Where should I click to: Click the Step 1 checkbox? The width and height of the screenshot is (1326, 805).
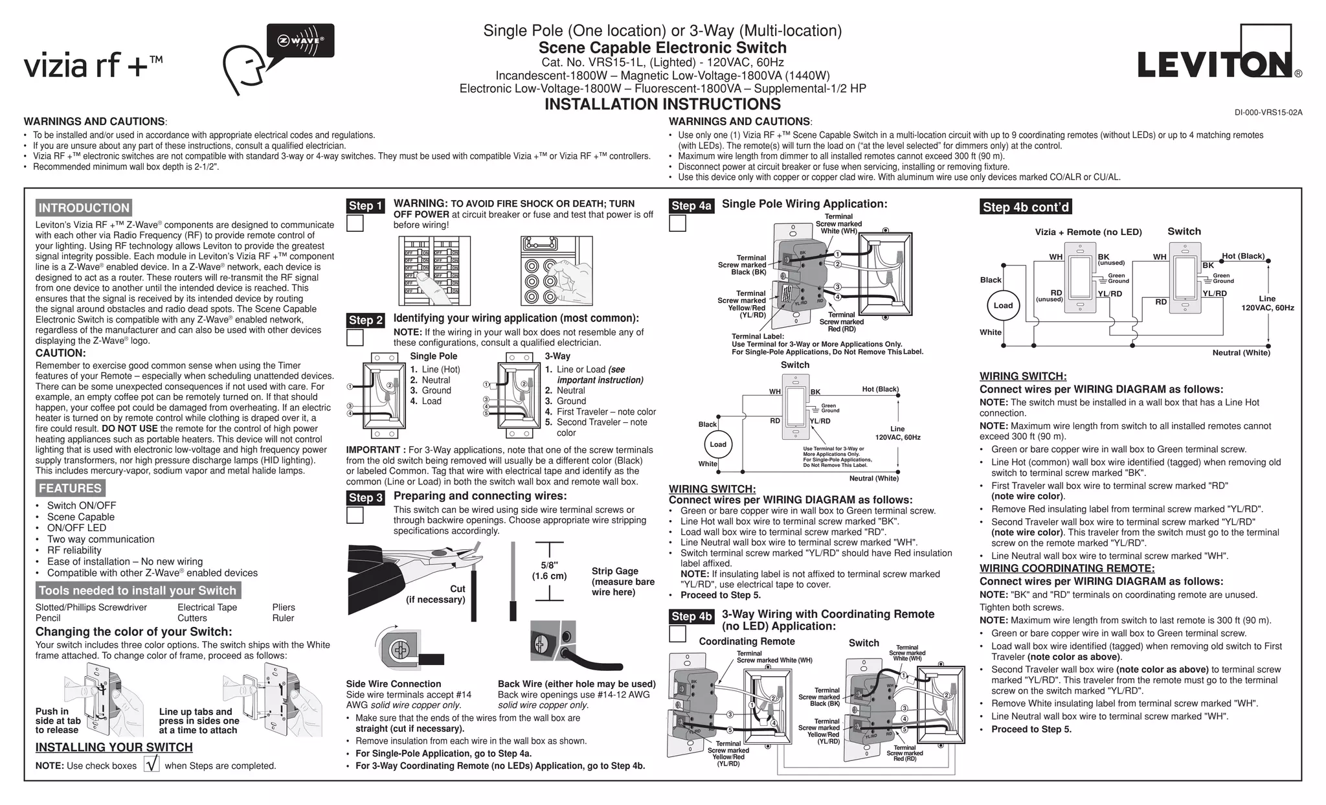355,223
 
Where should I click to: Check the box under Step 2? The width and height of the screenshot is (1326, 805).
355,337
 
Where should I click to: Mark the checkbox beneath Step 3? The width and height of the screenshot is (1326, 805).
355,516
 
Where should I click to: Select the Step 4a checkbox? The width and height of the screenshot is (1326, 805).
677,223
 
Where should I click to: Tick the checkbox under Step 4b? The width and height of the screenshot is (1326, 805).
677,634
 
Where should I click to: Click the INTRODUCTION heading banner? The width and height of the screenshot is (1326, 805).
84,208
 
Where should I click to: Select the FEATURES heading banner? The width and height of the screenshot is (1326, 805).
70,488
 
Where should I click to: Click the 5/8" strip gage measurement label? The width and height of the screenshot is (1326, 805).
549,571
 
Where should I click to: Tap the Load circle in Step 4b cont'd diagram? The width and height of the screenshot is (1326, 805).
1003,306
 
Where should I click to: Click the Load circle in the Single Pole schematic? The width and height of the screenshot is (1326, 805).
718,444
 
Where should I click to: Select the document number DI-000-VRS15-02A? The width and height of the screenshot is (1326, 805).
1268,113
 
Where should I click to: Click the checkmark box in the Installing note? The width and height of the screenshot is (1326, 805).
152,765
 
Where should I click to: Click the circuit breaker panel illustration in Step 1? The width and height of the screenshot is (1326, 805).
434,271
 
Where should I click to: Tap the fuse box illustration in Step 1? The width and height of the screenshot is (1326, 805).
556,271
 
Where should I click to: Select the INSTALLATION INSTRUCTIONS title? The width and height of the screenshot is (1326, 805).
662,104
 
